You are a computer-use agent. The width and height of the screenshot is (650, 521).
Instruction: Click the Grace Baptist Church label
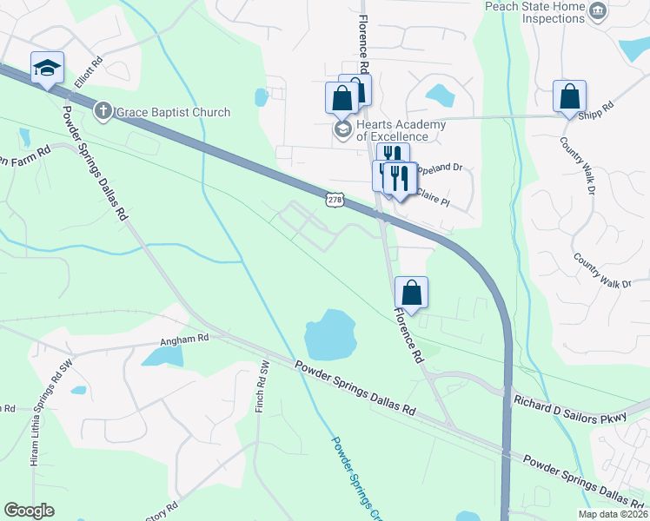pyautogui.click(x=174, y=112)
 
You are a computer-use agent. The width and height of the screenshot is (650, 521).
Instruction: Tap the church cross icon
pyautogui.click(x=103, y=111)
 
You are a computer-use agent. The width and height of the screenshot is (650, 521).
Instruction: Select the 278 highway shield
pyautogui.click(x=336, y=200)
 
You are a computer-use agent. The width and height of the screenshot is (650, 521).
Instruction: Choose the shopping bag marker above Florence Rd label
pyautogui.click(x=411, y=293)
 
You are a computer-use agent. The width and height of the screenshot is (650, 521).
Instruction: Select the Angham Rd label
pyautogui.click(x=185, y=339)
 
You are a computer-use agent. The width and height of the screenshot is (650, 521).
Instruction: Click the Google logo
pyautogui.click(x=30, y=510)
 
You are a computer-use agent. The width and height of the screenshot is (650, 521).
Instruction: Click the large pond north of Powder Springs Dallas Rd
pyautogui.click(x=330, y=334)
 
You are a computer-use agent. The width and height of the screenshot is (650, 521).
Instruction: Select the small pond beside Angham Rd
pyautogui.click(x=163, y=353)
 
